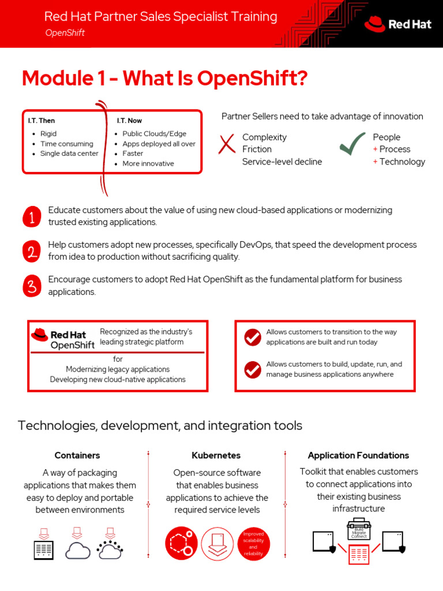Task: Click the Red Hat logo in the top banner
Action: pos(397,24)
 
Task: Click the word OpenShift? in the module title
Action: pos(252,78)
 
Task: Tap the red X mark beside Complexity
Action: pos(227,144)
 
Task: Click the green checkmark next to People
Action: pos(352,144)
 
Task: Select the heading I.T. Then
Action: pos(42,121)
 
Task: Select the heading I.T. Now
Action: pos(129,121)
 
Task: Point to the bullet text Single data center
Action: pos(69,154)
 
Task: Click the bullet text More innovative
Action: pos(148,163)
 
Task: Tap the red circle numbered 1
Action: pos(32,216)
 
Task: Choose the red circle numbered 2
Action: pos(32,251)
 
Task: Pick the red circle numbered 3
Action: pos(32,286)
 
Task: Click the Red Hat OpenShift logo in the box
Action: pos(63,339)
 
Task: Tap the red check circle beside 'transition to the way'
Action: pos(253,337)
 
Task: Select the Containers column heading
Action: pos(77,455)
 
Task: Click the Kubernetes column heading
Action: pos(216,455)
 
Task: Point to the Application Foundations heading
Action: pos(358,455)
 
